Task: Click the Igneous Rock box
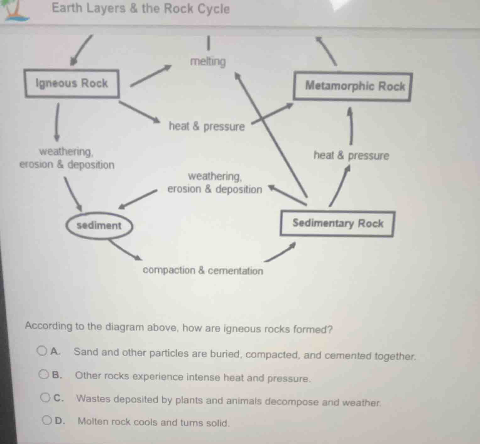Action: [x=72, y=84]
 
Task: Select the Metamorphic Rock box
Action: [x=352, y=87]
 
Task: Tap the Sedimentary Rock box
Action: [x=337, y=224]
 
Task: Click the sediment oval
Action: [x=99, y=225]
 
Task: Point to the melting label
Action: [x=208, y=62]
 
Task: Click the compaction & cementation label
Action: [x=203, y=271]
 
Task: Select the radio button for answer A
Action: [x=42, y=351]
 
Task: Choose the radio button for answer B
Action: [x=43, y=374]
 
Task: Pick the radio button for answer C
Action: [x=45, y=398]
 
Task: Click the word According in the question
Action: [x=49, y=326]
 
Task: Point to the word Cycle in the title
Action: [x=214, y=9]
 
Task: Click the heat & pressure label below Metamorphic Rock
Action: [x=351, y=155]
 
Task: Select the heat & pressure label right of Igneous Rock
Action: [x=207, y=127]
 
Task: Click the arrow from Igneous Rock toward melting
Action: [x=151, y=75]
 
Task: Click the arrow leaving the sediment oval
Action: [x=124, y=250]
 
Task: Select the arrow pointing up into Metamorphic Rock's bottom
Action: [x=351, y=126]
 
